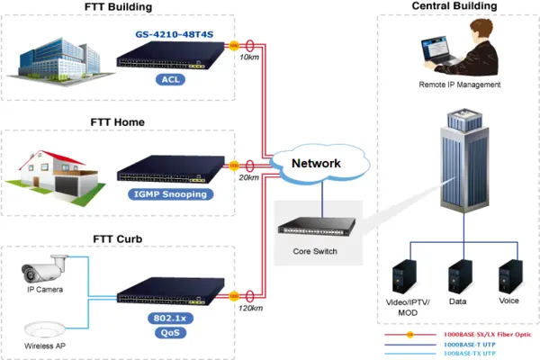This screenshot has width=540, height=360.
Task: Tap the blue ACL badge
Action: [x=169, y=78]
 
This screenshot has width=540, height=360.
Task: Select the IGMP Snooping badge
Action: [x=169, y=193]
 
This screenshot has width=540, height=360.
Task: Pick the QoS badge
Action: [x=169, y=333]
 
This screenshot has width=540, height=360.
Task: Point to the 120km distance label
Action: [x=251, y=308]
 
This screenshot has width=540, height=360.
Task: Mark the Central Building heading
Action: [x=454, y=7]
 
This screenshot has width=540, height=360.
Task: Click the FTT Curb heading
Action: [x=118, y=238]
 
